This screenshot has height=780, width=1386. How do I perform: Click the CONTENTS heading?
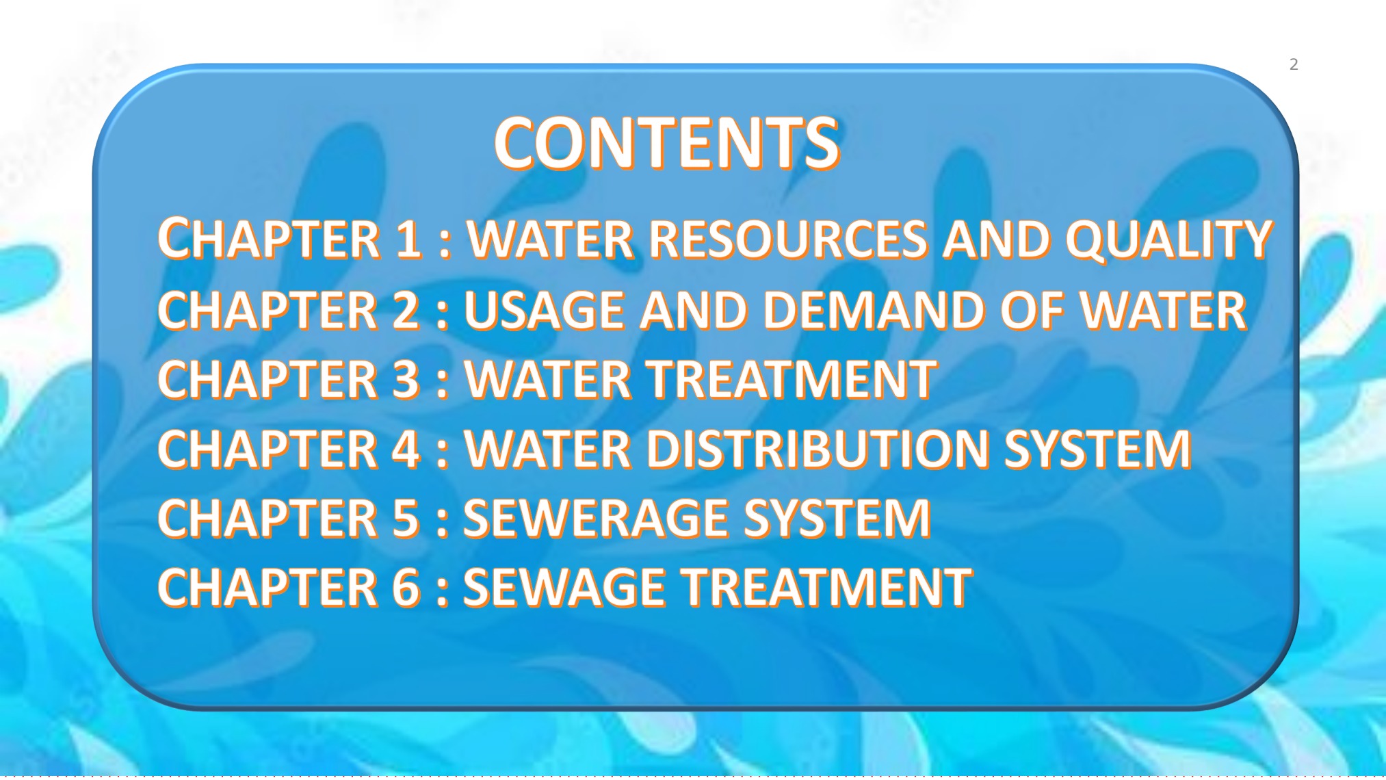[x=666, y=143]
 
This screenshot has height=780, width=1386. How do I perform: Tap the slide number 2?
[x=1294, y=64]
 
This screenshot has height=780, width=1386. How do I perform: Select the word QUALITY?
[x=1168, y=239]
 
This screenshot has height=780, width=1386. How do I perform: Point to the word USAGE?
[x=544, y=309]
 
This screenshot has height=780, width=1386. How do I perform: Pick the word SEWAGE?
[x=564, y=587]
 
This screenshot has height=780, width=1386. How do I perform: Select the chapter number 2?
[x=406, y=309]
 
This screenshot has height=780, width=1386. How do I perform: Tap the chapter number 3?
[x=406, y=379]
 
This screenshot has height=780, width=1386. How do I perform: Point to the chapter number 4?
[x=406, y=449]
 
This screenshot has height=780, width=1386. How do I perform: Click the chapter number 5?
[x=406, y=518]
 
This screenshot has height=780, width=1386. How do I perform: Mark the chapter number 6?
[x=406, y=587]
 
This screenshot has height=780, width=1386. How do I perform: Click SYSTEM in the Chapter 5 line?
[x=837, y=518]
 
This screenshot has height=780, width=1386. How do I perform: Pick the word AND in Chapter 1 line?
[x=995, y=239]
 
